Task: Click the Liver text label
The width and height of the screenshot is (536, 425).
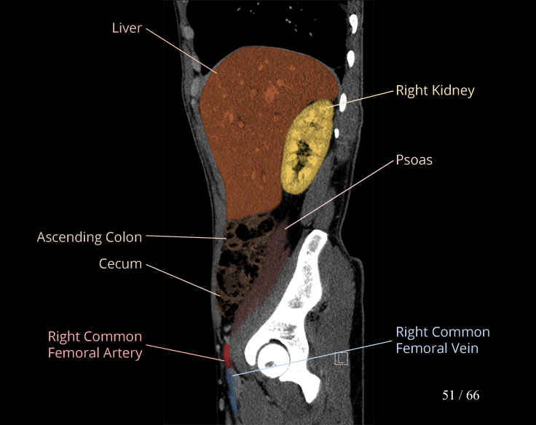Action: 127,28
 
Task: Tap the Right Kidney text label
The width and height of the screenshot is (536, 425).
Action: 435,91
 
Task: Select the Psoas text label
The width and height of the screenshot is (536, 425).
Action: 414,159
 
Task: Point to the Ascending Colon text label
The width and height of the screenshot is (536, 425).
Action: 90,237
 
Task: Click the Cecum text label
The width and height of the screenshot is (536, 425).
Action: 120,263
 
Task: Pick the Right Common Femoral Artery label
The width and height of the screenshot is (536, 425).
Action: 95,346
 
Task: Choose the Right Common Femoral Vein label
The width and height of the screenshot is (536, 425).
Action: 442,340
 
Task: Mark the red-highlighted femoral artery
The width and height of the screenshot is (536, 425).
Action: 226,355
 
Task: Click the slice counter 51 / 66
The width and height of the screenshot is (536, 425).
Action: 460,396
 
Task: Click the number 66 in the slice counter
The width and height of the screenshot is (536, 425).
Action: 473,396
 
